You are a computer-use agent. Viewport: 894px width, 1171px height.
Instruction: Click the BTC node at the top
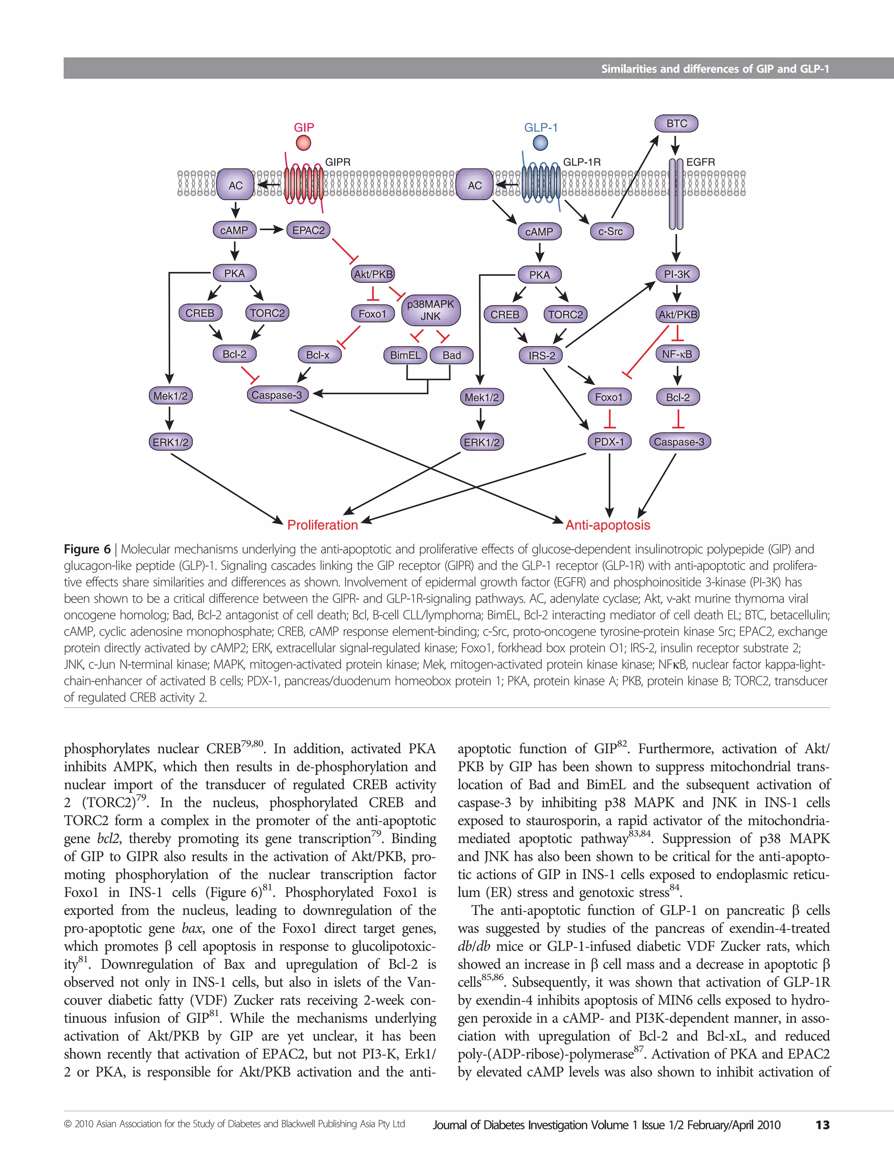[x=676, y=124]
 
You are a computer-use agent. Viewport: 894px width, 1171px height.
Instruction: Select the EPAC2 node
[x=308, y=231]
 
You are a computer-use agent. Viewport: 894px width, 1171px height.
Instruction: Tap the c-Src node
[x=610, y=231]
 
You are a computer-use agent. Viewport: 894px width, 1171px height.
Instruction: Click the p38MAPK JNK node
[x=430, y=310]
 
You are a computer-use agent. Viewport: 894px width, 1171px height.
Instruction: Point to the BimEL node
[x=405, y=355]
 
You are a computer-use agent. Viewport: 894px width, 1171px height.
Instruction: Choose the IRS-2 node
[x=541, y=355]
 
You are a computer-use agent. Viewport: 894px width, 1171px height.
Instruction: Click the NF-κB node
[x=677, y=354]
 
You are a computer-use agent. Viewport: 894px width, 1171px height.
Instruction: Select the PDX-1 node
[x=609, y=442]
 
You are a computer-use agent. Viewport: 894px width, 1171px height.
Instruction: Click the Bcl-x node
[x=318, y=355]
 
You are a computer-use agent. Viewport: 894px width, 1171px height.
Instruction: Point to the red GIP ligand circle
[x=303, y=143]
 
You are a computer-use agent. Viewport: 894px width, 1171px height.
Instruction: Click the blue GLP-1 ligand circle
[x=540, y=143]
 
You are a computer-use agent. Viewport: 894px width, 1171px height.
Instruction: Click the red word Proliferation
[x=323, y=525]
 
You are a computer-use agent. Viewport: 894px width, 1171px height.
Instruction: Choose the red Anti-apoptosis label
[x=608, y=525]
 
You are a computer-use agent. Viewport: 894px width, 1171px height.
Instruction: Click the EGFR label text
[x=700, y=162]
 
